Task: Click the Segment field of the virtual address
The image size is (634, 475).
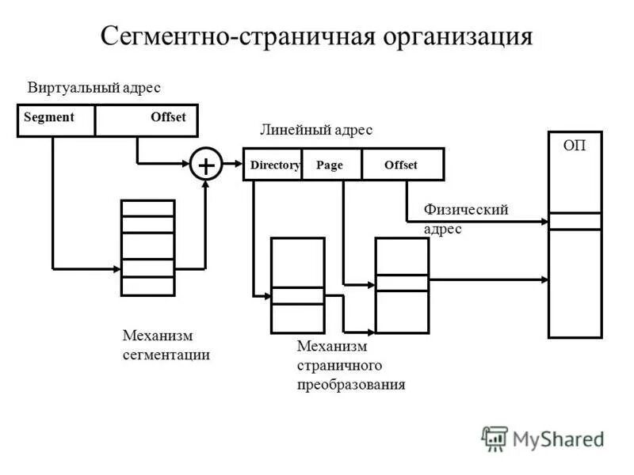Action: coord(49,117)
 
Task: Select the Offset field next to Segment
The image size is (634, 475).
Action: coord(168,117)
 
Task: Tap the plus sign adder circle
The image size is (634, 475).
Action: coord(205,165)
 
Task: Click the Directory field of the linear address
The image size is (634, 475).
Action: coord(274,165)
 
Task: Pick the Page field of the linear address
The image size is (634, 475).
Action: coord(330,165)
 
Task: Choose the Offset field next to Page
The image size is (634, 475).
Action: coord(401,165)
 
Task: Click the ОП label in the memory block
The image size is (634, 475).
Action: coord(575,146)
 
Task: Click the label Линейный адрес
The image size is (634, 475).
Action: coord(316,130)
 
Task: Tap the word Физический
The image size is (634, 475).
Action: coord(465,210)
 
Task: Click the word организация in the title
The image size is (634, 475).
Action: coord(458,36)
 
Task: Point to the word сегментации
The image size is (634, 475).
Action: coord(166,355)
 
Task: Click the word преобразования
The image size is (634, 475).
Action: coord(351,385)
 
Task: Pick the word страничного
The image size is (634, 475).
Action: coord(339,366)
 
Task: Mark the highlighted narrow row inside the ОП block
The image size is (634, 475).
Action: coord(575,221)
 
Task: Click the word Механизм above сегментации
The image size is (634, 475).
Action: coord(158,336)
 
